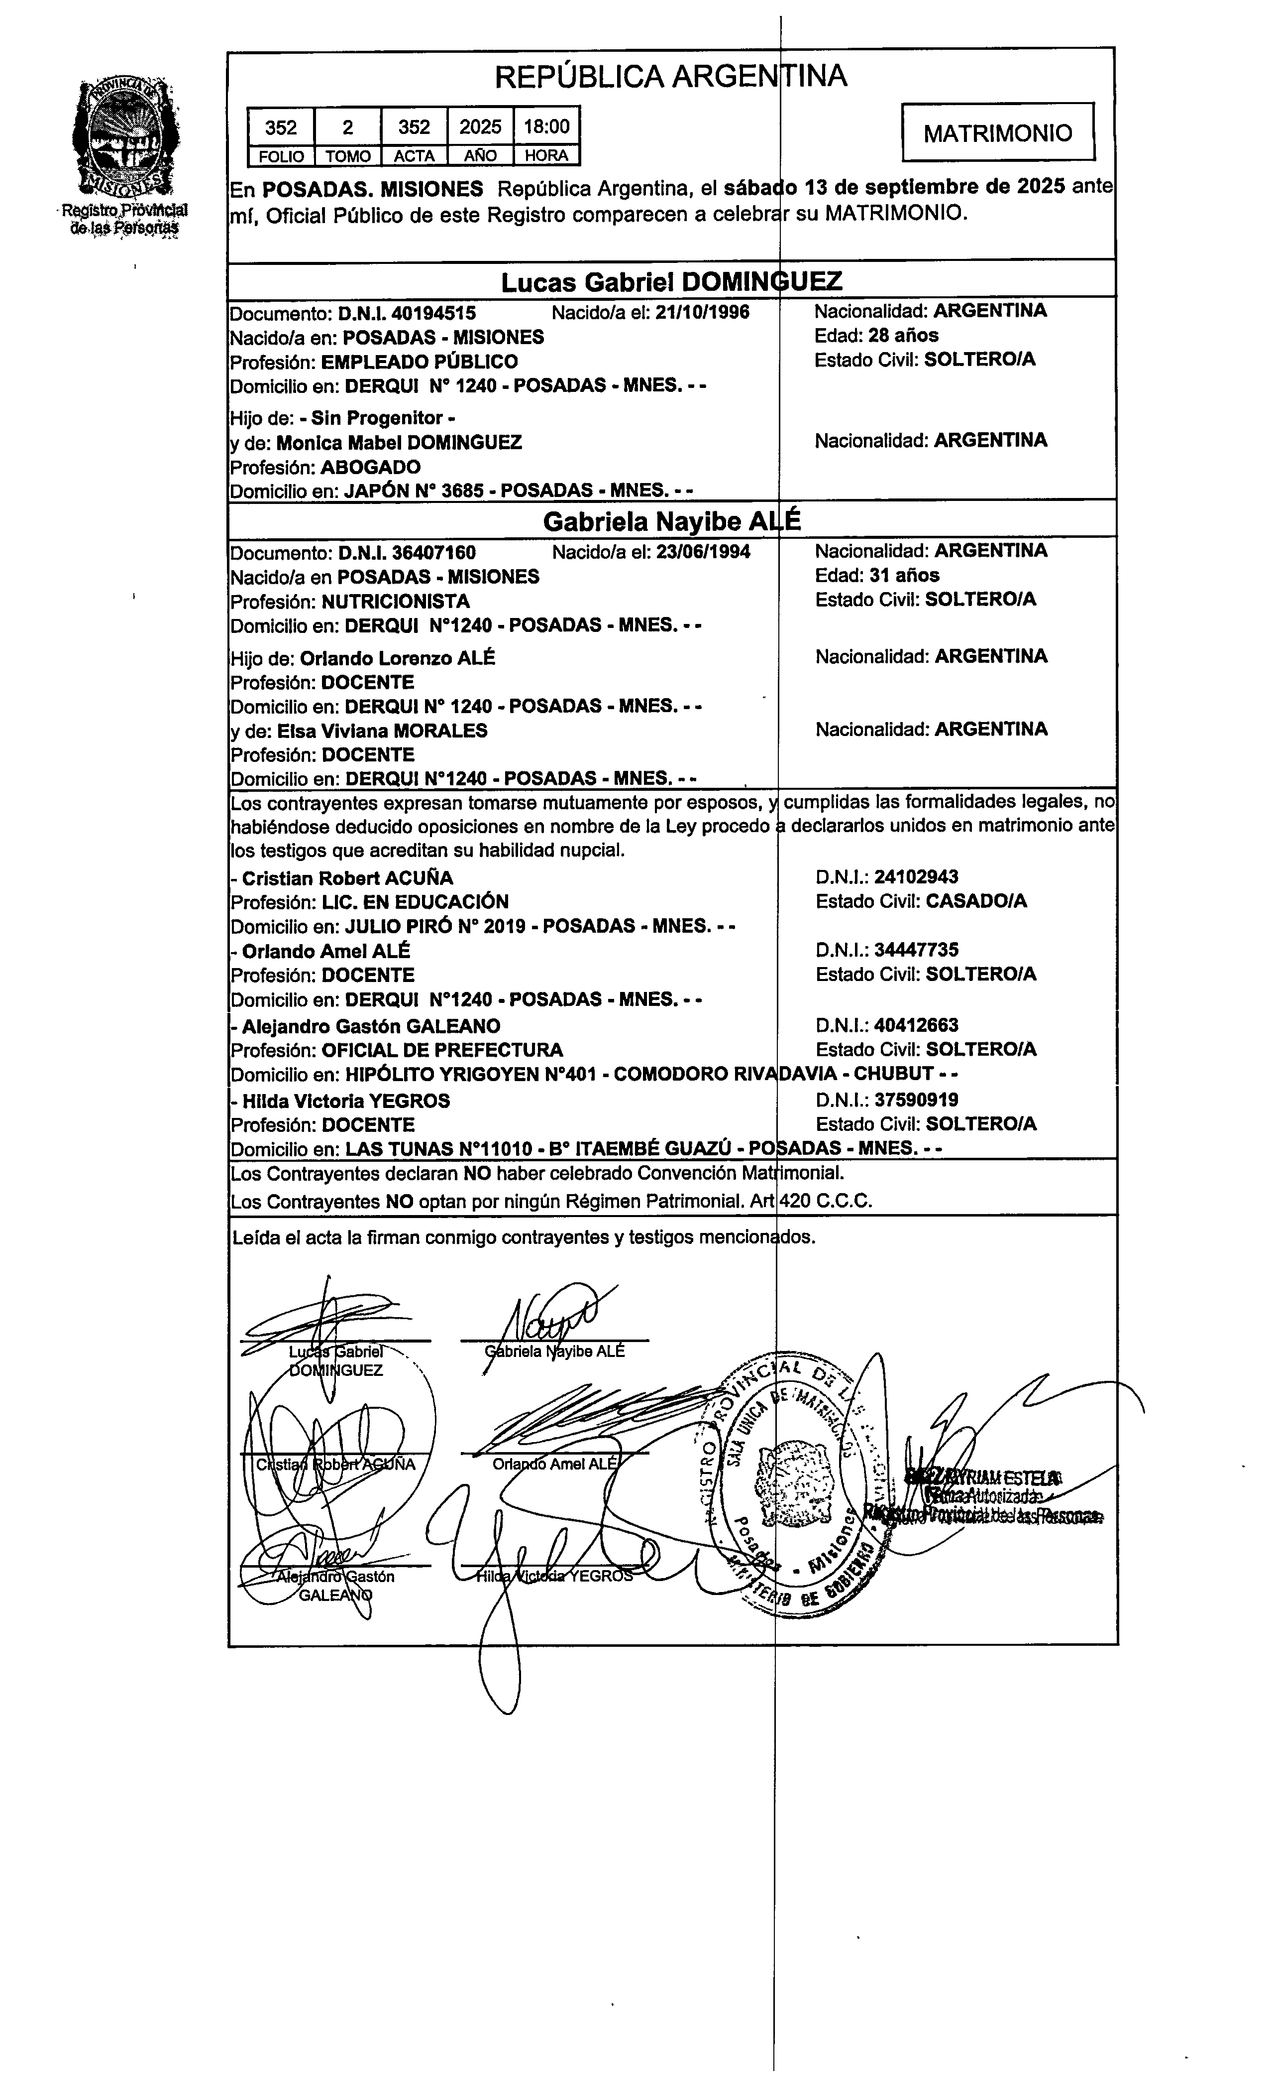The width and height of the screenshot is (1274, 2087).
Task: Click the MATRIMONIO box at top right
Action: click(997, 133)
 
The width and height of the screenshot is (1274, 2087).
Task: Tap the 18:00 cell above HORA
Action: click(546, 127)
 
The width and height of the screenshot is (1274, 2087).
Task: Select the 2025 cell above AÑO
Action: click(480, 127)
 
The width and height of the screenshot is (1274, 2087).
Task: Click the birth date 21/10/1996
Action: click(702, 313)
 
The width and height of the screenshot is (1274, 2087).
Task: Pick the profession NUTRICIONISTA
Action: click(395, 602)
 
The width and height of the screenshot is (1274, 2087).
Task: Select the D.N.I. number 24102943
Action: click(916, 877)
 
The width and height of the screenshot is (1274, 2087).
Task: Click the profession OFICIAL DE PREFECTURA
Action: click(442, 1050)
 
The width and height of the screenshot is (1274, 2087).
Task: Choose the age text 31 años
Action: click(904, 576)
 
